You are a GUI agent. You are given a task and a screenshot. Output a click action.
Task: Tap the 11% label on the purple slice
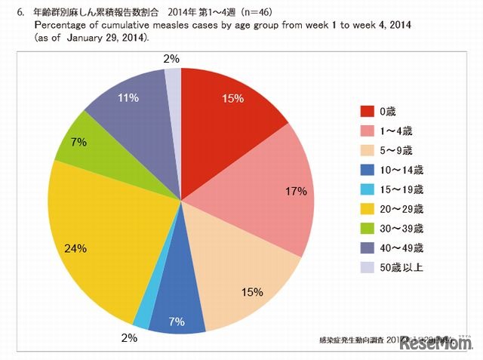tap(128, 97)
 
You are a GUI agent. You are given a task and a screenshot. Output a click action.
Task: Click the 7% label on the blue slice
tap(177, 322)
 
